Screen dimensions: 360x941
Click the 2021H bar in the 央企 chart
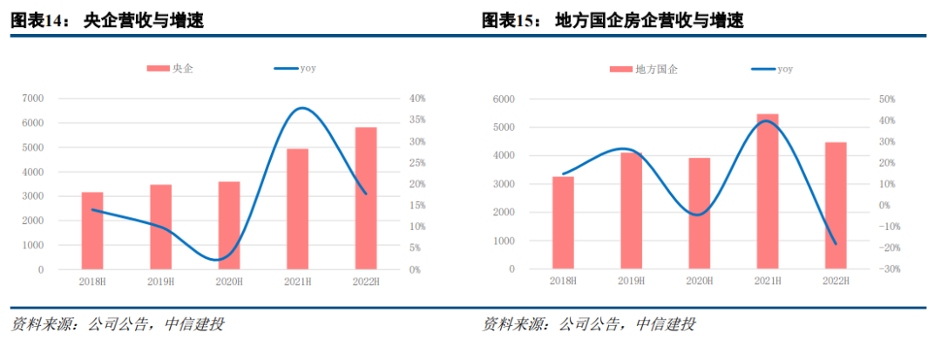[298, 209]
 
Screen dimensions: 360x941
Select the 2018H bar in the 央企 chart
[92, 230]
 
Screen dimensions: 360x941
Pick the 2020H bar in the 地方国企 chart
[700, 213]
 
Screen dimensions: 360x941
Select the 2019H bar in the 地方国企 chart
[631, 210]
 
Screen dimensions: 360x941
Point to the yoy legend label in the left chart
[308, 68]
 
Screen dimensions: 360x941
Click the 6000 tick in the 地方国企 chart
[504, 98]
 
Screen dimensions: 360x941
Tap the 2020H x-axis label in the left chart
[229, 282]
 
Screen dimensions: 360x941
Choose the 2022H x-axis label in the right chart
[835, 281]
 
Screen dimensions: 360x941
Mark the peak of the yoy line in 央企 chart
[301, 108]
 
